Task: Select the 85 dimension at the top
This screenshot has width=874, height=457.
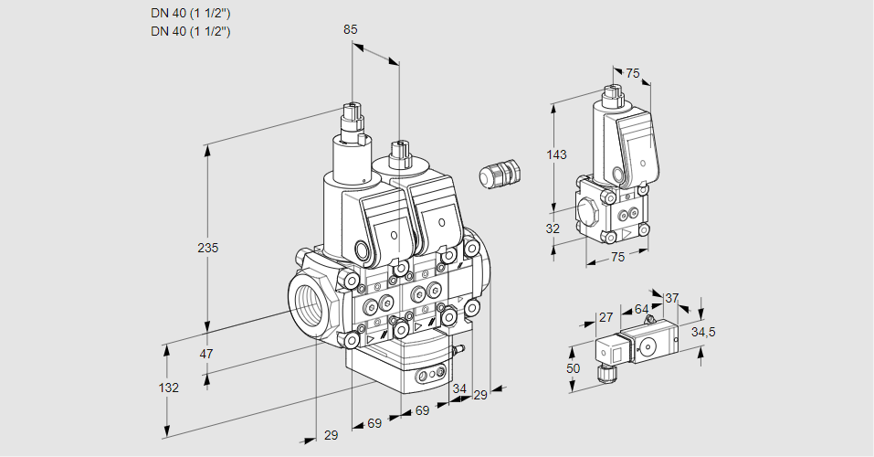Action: click(x=350, y=29)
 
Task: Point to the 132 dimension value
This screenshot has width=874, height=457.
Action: click(x=168, y=388)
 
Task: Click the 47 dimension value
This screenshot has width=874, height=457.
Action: click(x=206, y=354)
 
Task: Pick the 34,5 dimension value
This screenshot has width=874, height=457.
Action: click(x=702, y=332)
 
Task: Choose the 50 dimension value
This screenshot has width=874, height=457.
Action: click(x=574, y=367)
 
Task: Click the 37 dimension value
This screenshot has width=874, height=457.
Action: click(x=671, y=298)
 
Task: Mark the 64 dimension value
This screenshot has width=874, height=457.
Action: click(x=641, y=309)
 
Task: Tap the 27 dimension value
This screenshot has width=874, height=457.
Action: click(x=605, y=317)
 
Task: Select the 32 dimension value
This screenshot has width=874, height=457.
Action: click(x=553, y=228)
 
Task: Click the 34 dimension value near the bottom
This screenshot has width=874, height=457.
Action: click(x=458, y=389)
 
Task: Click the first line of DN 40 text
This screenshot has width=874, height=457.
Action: click(x=190, y=13)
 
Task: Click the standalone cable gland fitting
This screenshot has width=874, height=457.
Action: click(x=500, y=174)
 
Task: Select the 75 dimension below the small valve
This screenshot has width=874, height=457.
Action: click(x=617, y=257)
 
